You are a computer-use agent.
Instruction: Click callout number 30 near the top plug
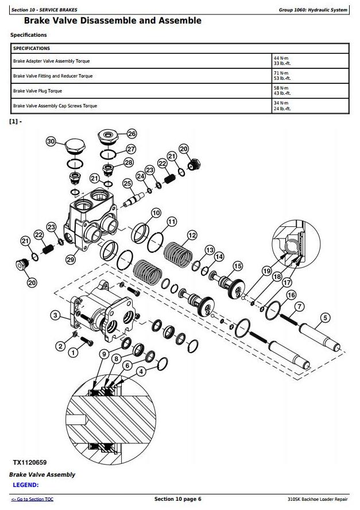51,141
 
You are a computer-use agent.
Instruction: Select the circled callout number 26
131,134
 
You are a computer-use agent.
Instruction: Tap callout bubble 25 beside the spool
127,183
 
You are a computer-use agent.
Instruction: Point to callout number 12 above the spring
192,235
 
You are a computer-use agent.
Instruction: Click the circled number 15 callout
238,266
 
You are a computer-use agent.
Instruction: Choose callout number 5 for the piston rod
325,317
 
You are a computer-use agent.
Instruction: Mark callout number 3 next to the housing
55,315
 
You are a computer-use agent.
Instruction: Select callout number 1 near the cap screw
73,353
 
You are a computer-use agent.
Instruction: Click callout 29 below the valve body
71,260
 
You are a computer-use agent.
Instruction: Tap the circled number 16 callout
291,295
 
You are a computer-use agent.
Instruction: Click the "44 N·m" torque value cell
281,58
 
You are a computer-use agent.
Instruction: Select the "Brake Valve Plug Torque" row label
37,91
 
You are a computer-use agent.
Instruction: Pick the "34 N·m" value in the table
281,103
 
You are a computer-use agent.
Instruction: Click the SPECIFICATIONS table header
32,49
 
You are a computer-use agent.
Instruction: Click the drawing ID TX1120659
30,462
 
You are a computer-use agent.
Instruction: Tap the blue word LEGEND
26,485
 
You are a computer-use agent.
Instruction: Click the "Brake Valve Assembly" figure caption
42,475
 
